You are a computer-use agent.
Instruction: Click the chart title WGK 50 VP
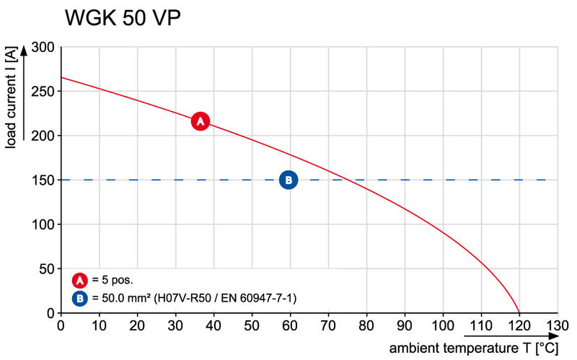click(122, 19)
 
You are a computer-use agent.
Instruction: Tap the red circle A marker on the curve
click(200, 121)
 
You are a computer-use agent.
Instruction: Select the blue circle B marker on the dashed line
click(288, 180)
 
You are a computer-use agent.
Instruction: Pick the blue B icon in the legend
click(79, 297)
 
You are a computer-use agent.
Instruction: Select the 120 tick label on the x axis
click(519, 325)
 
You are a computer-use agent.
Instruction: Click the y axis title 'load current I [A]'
click(11, 97)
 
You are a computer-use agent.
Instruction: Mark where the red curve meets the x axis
click(519, 312)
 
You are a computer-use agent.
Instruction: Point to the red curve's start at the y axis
click(61, 77)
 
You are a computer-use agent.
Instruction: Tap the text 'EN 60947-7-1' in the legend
click(263, 297)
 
